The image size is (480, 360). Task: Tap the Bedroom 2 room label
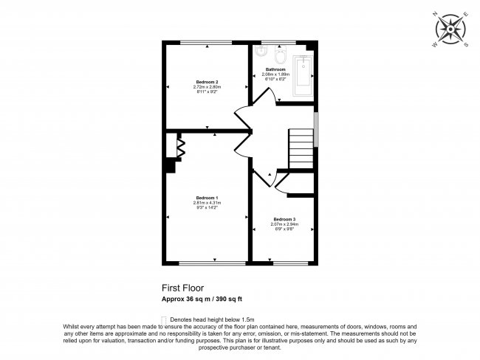click(x=207, y=81)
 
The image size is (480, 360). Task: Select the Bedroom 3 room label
click(x=284, y=219)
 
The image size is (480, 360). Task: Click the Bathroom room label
click(x=276, y=69)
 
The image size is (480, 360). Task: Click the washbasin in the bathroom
click(x=261, y=52)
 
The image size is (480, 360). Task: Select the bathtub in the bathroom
click(x=304, y=76)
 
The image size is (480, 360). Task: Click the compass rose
click(x=450, y=30)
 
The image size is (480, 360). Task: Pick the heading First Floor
click(x=182, y=288)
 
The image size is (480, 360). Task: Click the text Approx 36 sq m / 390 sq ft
click(x=202, y=299)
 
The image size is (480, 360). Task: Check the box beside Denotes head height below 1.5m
click(x=164, y=318)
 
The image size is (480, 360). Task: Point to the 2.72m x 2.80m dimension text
click(x=207, y=87)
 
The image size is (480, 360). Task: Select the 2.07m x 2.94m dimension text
click(x=284, y=224)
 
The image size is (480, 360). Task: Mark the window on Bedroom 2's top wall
click(x=206, y=41)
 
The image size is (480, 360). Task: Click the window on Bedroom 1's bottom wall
click(x=213, y=263)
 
